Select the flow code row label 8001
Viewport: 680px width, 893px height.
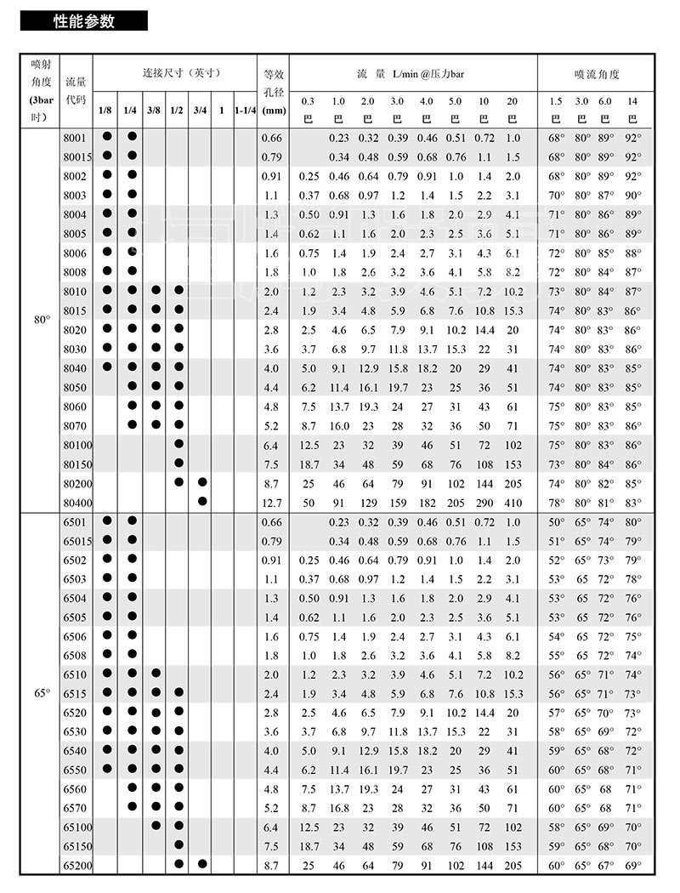(x=75, y=137)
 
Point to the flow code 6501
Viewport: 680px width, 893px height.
(x=75, y=521)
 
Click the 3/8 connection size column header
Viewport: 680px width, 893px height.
(x=154, y=110)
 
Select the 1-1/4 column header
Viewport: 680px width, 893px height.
(x=246, y=110)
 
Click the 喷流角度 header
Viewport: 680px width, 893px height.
(x=597, y=74)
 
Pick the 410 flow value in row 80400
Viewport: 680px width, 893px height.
(x=512, y=502)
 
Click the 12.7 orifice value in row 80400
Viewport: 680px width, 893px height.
(x=272, y=502)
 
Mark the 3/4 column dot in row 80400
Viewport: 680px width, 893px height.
(x=201, y=501)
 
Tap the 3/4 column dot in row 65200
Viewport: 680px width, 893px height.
(x=201, y=864)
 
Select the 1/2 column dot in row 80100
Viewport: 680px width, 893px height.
(x=178, y=444)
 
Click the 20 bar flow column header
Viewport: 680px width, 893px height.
(x=512, y=110)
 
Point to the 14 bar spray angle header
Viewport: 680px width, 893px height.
(x=632, y=110)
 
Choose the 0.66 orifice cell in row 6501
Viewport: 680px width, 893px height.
(x=272, y=521)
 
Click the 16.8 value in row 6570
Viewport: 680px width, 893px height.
(x=339, y=808)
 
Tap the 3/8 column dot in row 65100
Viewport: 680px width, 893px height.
(x=156, y=826)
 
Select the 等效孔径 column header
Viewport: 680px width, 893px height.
(x=273, y=92)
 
